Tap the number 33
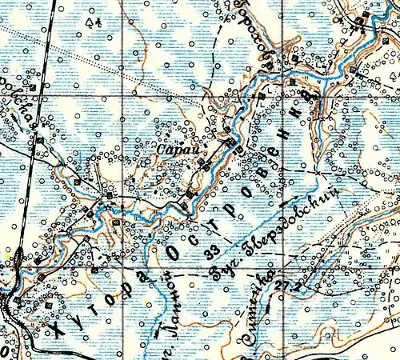coord(213,254)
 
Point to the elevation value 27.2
coord(283,284)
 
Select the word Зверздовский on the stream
coord(293,213)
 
